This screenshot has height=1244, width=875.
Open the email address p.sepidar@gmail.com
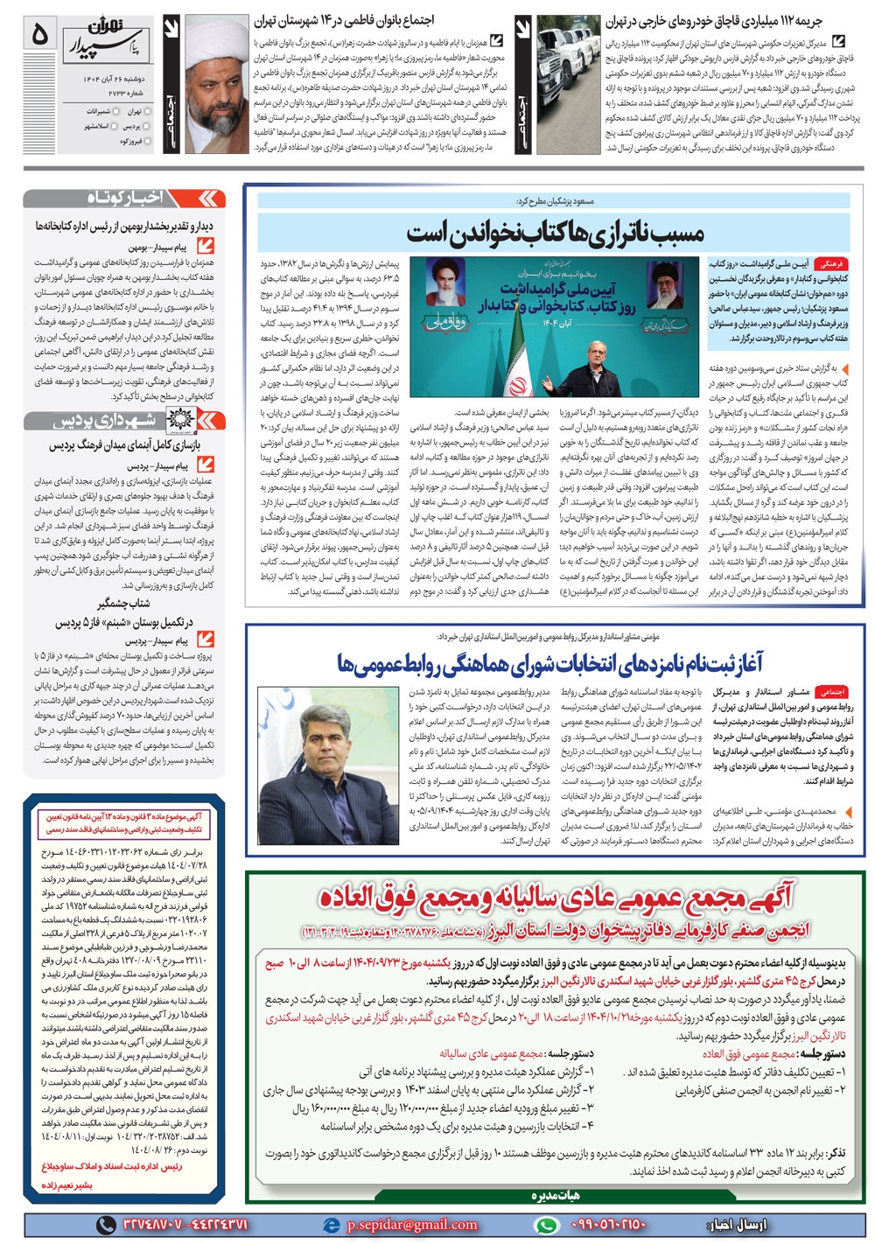[x=411, y=1225]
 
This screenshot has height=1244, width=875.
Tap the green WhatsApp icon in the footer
[x=548, y=1225]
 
